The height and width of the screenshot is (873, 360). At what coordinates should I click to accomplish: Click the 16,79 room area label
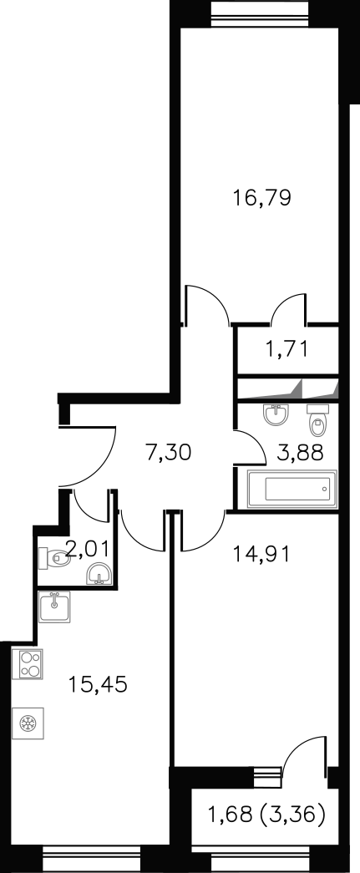pyautogui.click(x=261, y=199)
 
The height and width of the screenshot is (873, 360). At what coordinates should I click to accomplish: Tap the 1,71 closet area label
pyautogui.click(x=286, y=349)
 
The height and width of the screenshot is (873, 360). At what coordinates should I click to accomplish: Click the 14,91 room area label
pyautogui.click(x=261, y=555)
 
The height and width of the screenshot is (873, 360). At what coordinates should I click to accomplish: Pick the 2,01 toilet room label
pyautogui.click(x=89, y=551)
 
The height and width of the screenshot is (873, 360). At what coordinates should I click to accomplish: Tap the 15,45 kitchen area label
pyautogui.click(x=98, y=684)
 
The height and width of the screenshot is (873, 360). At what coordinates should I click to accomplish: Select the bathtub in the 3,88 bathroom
pyautogui.click(x=292, y=489)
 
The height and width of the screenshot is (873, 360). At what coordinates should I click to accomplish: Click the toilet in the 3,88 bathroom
pyautogui.click(x=317, y=420)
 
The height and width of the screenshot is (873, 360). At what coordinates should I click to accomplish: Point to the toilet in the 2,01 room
pyautogui.click(x=54, y=556)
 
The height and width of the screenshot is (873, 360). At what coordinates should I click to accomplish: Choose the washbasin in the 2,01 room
pyautogui.click(x=99, y=573)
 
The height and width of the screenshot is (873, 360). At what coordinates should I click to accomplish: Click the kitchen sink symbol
pyautogui.click(x=54, y=607)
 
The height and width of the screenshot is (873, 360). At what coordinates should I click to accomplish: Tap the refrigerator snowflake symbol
pyautogui.click(x=28, y=723)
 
